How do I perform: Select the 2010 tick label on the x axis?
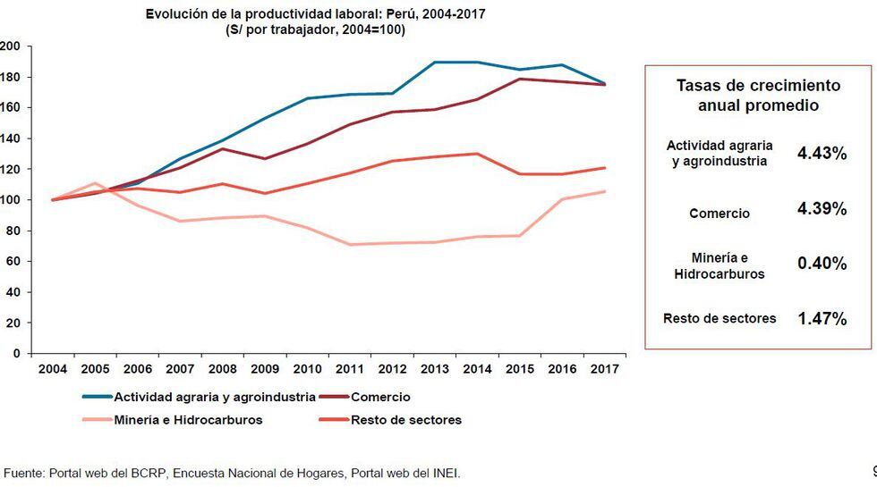[x=308, y=369]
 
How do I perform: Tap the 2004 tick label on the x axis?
[x=52, y=369]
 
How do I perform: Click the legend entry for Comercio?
[x=379, y=397]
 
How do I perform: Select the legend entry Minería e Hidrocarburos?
[x=188, y=419]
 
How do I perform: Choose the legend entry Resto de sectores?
[x=406, y=419]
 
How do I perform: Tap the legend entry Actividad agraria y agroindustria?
[x=213, y=397]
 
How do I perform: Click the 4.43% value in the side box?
[x=822, y=154]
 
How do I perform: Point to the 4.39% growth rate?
[x=822, y=209]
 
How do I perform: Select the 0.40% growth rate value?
[x=822, y=264]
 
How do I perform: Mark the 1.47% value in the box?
[x=822, y=318]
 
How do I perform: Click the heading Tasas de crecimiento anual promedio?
[x=757, y=95]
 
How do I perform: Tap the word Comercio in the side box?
[x=719, y=214]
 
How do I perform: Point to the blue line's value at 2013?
[x=436, y=63]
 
